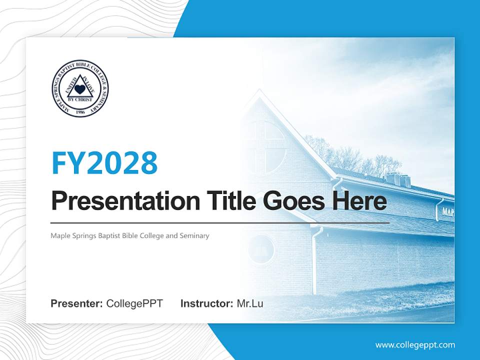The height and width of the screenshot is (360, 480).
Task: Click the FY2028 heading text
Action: (x=104, y=162)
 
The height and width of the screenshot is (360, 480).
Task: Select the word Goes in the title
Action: (x=292, y=201)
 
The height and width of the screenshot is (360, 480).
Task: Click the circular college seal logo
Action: (x=80, y=88)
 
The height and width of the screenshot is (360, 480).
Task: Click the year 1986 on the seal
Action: (x=80, y=111)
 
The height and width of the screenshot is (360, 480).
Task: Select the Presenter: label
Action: (x=77, y=303)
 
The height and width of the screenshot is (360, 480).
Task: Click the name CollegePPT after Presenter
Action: (x=134, y=303)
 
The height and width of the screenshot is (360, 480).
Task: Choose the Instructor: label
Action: (x=206, y=303)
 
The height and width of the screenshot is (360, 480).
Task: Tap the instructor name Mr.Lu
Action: (x=250, y=303)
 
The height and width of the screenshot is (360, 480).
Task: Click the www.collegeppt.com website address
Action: (x=415, y=345)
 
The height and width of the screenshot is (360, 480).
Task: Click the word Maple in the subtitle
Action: (x=60, y=235)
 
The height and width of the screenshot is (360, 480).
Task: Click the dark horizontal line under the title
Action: (x=220, y=222)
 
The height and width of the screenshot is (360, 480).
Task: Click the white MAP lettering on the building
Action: (x=447, y=212)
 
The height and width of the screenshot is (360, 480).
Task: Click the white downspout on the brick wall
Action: (x=314, y=260)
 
